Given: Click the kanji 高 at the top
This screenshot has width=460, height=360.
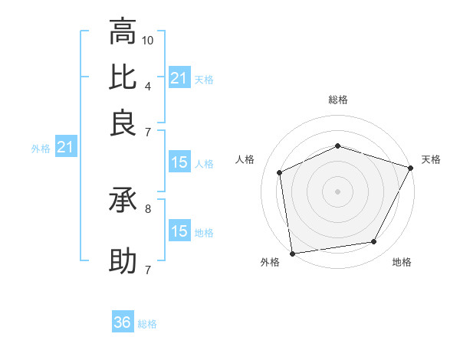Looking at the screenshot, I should point(123,32).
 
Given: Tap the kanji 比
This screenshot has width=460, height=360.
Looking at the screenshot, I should point(123,77).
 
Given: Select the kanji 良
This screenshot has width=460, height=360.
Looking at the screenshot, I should point(123,123).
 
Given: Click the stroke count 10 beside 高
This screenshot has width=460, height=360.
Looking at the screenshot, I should point(149,39).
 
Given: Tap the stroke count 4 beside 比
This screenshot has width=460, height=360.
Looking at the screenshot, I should point(148,85).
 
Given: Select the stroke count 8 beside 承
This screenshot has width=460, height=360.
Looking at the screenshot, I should point(148,208).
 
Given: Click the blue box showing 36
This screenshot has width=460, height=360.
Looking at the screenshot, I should point(123,322).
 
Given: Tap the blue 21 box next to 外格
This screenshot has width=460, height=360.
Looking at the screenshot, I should point(64,148).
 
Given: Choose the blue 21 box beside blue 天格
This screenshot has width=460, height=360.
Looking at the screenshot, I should point(179,78).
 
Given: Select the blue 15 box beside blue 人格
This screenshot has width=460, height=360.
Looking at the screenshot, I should point(179,162).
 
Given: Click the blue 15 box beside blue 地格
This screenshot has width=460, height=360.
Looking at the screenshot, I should point(179,231).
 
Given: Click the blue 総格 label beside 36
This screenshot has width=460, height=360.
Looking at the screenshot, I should point(147,324).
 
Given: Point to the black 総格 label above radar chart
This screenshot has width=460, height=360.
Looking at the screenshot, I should point(338,100).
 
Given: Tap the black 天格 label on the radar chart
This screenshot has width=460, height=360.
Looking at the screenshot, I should point(431,159).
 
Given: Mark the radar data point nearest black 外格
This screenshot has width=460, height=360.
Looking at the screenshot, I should point(292,253).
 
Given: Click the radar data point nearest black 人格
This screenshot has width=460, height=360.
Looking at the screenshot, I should point(280,172).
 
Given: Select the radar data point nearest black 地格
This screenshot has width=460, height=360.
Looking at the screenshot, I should point(374,242).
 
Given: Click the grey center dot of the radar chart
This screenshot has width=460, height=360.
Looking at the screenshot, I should point(337,191).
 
